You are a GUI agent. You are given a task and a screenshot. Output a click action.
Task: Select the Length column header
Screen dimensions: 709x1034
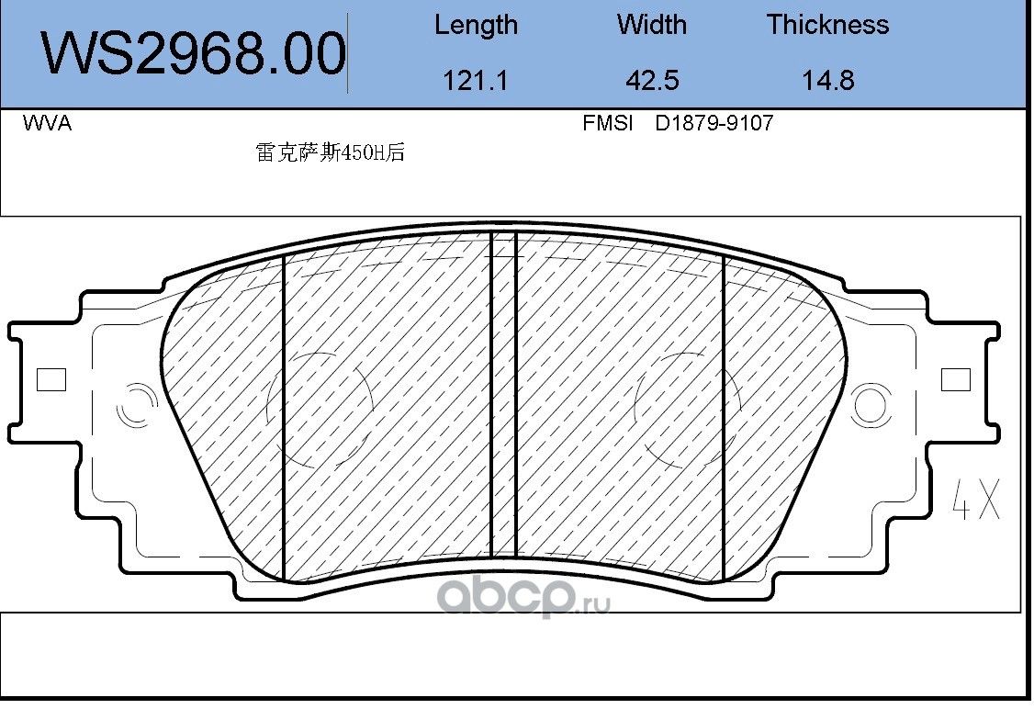476,25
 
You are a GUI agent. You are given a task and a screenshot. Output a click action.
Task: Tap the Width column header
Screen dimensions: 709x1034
651,25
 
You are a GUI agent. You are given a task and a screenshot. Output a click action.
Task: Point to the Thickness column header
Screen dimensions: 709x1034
827,25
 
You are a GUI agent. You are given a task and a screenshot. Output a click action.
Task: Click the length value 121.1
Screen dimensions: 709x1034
475,81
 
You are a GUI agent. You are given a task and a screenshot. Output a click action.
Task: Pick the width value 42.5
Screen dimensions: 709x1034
651,81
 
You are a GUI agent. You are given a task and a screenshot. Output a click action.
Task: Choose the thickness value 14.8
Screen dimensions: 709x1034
827,81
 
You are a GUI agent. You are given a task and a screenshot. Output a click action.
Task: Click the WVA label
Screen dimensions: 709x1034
46,124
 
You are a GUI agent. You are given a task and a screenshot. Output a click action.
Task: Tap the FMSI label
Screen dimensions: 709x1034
608,123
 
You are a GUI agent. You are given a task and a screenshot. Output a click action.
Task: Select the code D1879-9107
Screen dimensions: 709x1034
714,123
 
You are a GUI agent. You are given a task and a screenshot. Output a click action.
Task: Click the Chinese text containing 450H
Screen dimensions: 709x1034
330,154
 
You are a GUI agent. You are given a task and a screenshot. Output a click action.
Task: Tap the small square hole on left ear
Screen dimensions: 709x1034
51,379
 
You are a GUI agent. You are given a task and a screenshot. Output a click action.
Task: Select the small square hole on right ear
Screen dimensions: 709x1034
956,379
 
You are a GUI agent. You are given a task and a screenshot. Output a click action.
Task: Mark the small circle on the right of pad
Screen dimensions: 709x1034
871,405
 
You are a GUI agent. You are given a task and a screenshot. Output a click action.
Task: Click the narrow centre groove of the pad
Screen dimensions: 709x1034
503,395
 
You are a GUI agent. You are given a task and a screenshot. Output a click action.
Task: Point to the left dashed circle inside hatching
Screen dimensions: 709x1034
317,405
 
